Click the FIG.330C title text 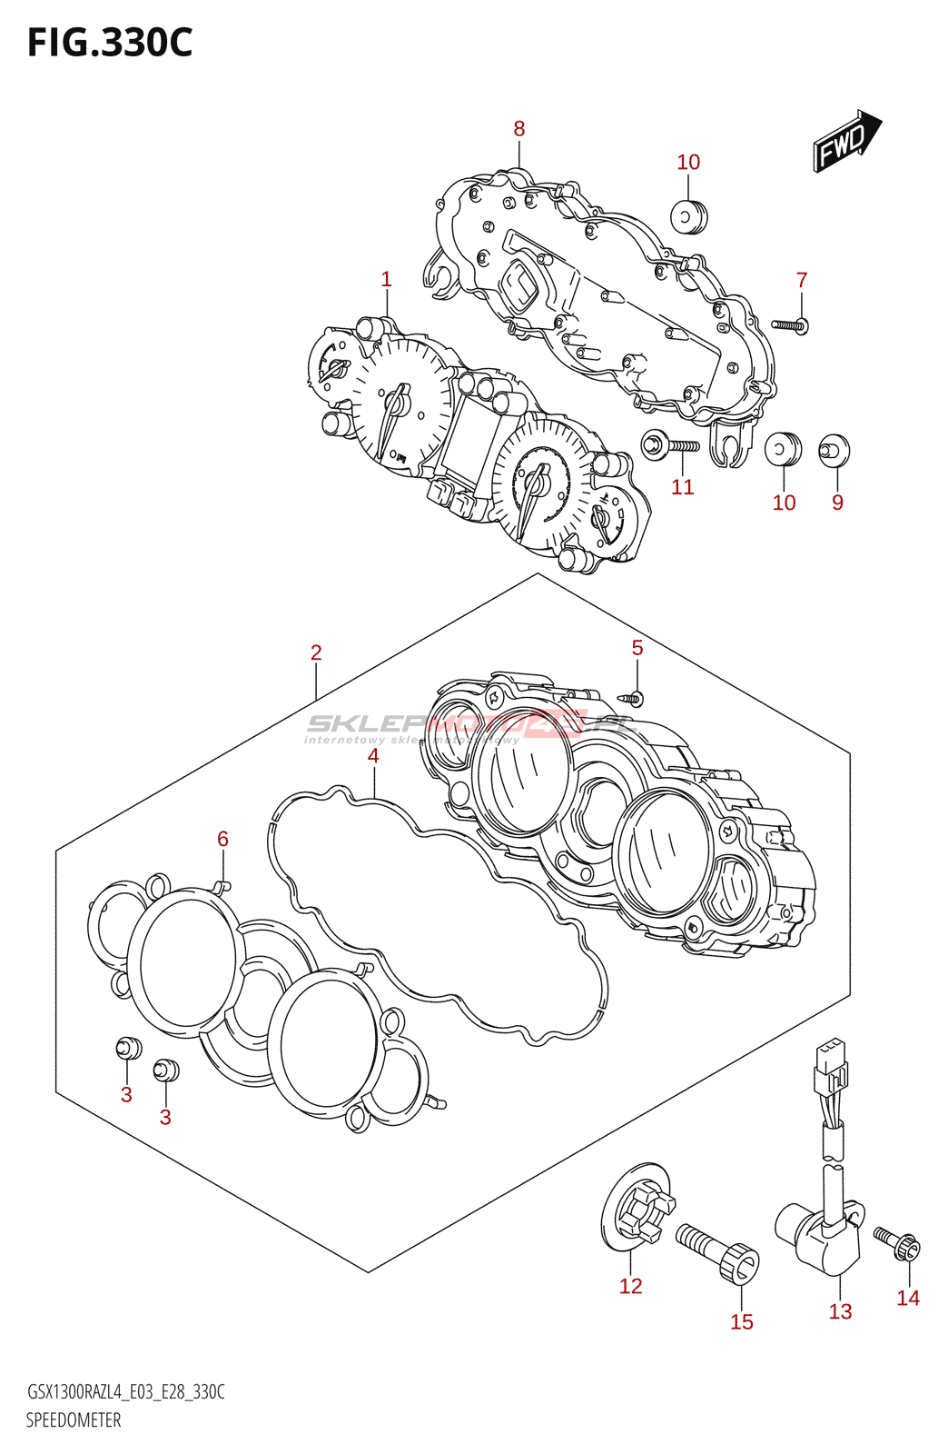(x=110, y=43)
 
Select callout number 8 (x=519, y=129)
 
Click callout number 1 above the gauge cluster (x=386, y=279)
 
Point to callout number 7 (x=802, y=280)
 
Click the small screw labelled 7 (x=790, y=324)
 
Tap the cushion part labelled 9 (x=834, y=450)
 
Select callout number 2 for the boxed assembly (x=316, y=652)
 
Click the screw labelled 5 (x=633, y=698)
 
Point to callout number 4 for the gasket (x=373, y=755)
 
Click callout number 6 (x=222, y=839)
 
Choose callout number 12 (x=630, y=1286)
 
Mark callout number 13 (x=840, y=1311)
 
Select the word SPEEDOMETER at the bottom (x=74, y=1420)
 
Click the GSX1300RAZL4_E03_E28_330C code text (x=125, y=1392)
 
